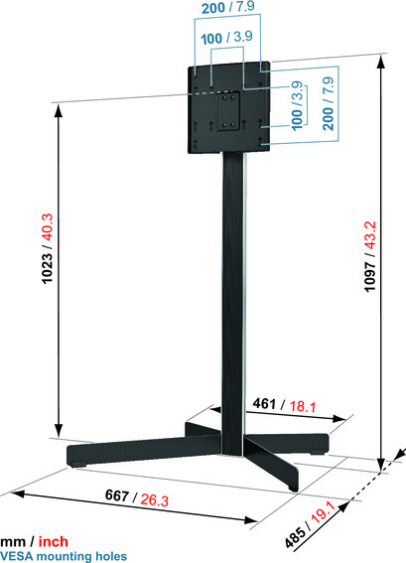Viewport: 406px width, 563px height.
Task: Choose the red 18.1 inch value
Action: (x=301, y=404)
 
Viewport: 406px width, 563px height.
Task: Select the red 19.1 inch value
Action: (x=346, y=514)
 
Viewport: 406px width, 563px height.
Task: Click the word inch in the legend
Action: (x=56, y=542)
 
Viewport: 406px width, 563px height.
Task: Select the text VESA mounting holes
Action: (x=64, y=556)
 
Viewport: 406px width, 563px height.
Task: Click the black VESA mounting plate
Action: (x=227, y=109)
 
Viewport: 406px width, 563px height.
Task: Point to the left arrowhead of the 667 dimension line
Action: (x=12, y=492)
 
